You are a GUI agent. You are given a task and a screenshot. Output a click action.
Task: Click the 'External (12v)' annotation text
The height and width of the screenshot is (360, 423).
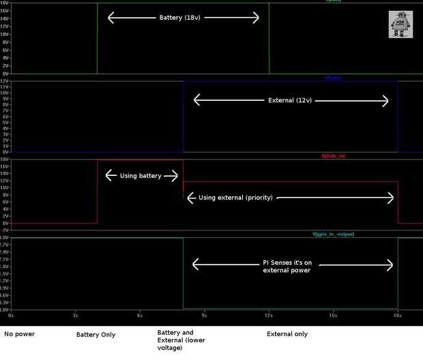(291, 100)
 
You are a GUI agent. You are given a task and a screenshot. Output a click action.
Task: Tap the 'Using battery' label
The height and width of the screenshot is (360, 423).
(141, 176)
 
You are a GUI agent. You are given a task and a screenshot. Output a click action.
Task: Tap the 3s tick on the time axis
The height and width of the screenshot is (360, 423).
(75, 315)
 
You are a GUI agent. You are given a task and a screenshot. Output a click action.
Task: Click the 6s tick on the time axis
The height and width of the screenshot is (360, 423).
(140, 315)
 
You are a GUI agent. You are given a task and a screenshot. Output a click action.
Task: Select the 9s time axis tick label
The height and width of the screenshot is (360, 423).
(204, 315)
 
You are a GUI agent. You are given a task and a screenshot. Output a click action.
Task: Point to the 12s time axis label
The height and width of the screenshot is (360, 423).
(269, 315)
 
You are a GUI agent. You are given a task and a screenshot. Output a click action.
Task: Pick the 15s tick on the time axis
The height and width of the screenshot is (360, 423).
(333, 315)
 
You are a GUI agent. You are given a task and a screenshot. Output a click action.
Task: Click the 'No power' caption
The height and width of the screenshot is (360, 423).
(19, 334)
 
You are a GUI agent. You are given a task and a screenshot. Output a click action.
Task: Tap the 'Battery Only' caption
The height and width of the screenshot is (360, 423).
(96, 335)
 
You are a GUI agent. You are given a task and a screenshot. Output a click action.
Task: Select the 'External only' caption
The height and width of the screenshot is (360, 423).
(287, 334)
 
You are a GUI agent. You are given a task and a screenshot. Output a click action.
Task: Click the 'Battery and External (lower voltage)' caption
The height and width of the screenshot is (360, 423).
(181, 340)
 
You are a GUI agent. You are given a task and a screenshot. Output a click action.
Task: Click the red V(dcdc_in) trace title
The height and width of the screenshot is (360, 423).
(333, 156)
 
